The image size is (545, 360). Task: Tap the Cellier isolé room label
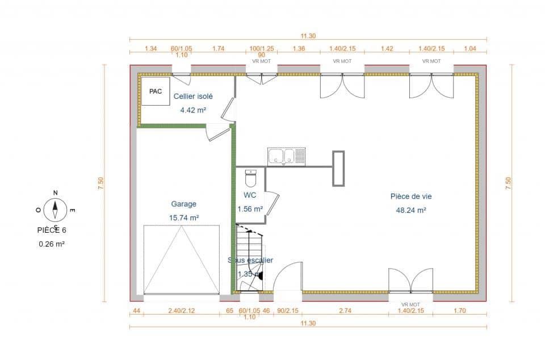[x=193, y=97]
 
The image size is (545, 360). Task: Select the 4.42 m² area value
[x=193, y=110]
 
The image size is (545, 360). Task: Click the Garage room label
[x=184, y=204]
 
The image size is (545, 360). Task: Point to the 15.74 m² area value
[x=184, y=217]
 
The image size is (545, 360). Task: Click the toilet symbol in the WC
[x=251, y=178]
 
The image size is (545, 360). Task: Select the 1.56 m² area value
[x=250, y=208]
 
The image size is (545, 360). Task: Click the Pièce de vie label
[x=411, y=196]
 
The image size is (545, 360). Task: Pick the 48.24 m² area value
[x=411, y=210]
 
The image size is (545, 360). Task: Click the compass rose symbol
[x=55, y=209]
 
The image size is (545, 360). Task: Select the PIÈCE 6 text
[x=55, y=230]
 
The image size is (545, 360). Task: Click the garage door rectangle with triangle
[x=181, y=259]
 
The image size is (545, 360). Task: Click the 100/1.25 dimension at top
[x=261, y=49]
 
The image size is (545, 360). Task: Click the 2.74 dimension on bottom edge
[x=345, y=311]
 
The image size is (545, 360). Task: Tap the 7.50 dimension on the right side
[x=508, y=183]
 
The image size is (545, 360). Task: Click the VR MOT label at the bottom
[x=410, y=304]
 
